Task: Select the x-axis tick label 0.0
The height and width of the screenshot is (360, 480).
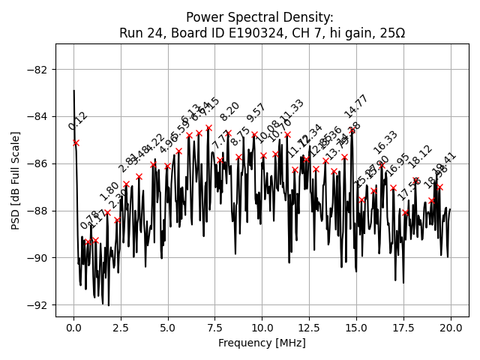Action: [73, 328]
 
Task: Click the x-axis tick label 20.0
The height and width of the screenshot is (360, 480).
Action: [451, 328]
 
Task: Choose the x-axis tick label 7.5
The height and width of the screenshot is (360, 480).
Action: [214, 328]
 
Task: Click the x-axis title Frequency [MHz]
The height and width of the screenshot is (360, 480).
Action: [262, 343]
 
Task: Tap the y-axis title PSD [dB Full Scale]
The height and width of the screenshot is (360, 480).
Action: [16, 180]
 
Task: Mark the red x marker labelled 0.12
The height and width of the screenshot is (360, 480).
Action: [76, 142]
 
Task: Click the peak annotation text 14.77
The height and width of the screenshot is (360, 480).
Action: [356, 106]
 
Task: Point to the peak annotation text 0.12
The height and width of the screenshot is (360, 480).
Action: [77, 121]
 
